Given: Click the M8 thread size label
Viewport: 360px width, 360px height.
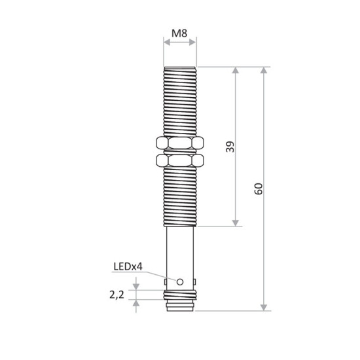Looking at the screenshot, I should tap(179, 32).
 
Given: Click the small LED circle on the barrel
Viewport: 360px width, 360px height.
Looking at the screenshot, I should tap(180, 281).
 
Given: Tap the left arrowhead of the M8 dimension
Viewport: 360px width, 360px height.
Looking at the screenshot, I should tap(166, 43).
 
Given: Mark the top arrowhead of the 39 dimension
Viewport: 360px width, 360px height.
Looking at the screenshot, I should tap(236, 70).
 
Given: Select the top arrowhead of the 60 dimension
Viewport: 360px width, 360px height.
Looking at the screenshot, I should tap(264, 70).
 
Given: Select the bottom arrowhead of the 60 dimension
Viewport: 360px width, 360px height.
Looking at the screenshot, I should tap(264, 306).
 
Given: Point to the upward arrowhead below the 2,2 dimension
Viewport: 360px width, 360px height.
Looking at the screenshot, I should tap(136, 302).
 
